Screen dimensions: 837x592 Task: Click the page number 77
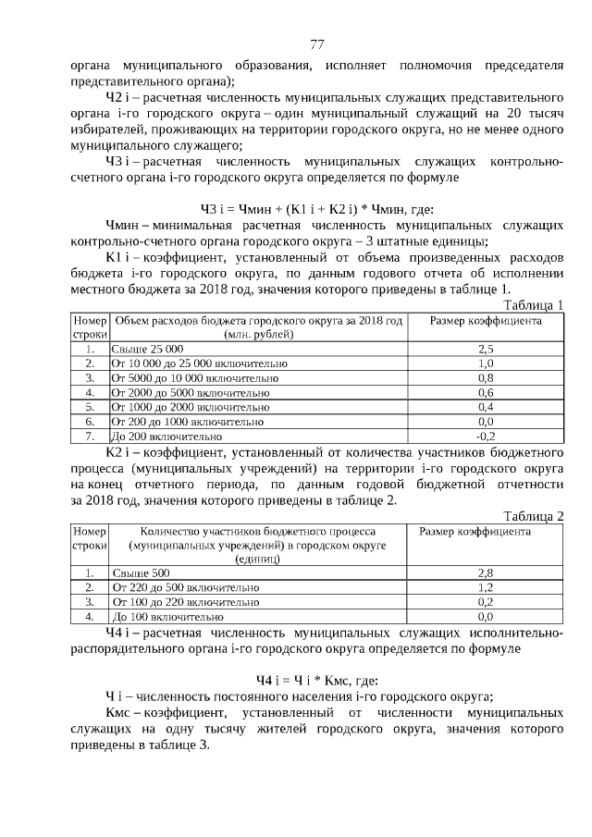(x=316, y=44)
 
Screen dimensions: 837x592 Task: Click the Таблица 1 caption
(x=533, y=305)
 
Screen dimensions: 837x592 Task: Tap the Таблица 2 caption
(x=533, y=515)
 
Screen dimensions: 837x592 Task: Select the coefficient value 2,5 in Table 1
(x=486, y=350)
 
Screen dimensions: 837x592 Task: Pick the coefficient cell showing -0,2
(x=486, y=436)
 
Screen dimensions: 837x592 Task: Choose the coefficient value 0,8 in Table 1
(x=486, y=378)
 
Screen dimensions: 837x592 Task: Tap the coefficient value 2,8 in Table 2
(x=486, y=572)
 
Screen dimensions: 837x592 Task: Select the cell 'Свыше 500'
(x=141, y=572)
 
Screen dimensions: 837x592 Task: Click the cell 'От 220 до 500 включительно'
(x=185, y=587)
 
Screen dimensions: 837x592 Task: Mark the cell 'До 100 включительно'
(x=167, y=616)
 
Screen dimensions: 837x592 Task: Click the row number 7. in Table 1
(x=91, y=436)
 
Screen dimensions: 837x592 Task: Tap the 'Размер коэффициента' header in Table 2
(x=475, y=533)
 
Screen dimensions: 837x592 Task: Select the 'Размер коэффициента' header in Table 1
(x=487, y=321)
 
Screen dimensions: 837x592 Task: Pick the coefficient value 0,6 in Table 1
(x=486, y=392)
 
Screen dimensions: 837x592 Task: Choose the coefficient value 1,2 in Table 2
(x=486, y=587)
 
